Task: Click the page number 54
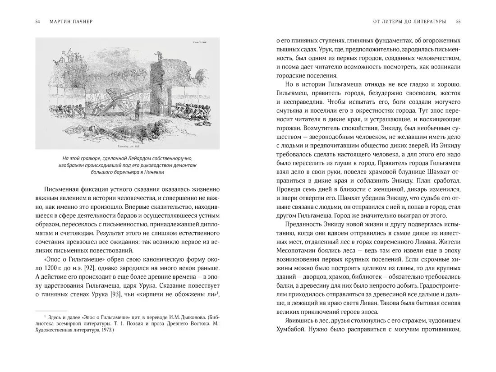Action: [x=37, y=21]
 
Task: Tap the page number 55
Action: [x=458, y=21]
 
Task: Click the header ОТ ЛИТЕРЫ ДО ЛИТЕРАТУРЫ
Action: [x=407, y=21]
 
